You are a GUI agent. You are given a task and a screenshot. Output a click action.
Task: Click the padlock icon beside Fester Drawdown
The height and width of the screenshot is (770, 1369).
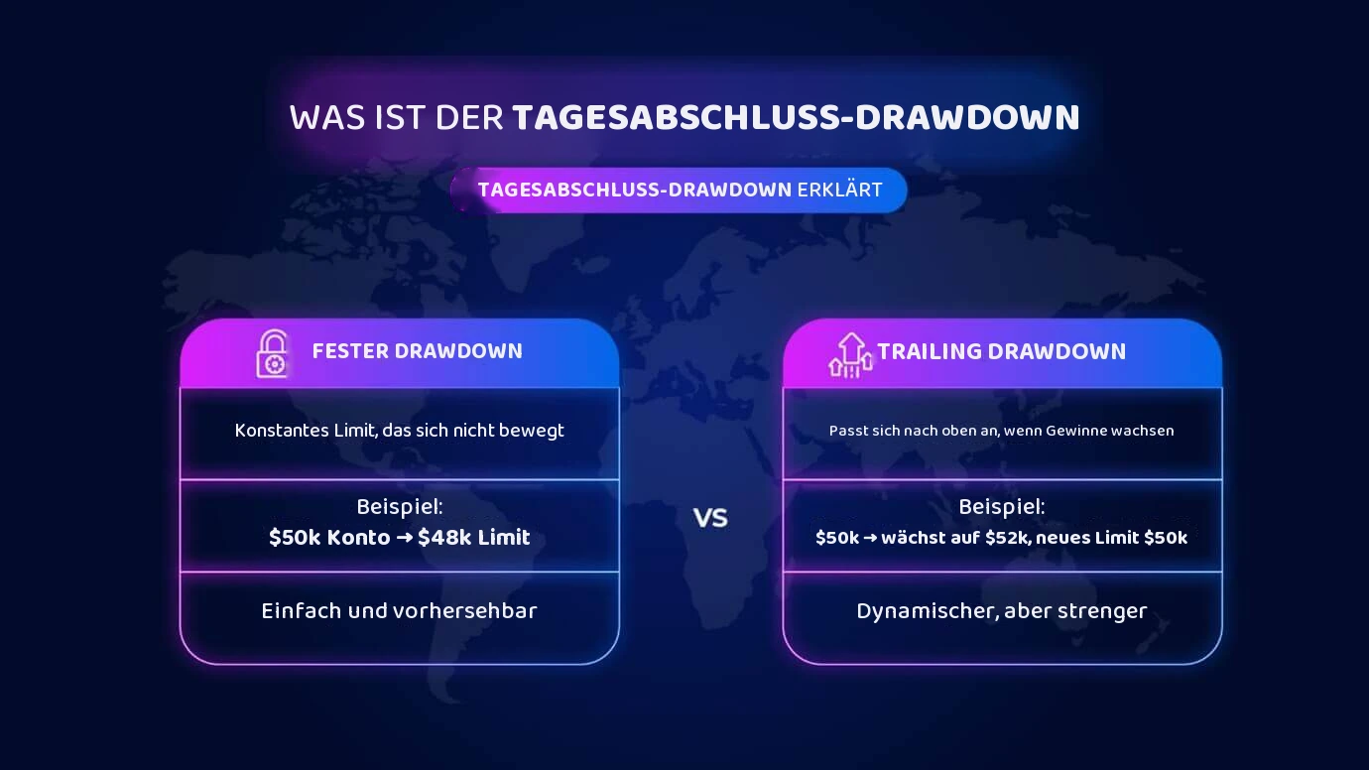click(x=272, y=354)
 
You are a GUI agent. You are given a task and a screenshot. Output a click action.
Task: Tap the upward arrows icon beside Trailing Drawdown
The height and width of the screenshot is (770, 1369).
click(x=850, y=355)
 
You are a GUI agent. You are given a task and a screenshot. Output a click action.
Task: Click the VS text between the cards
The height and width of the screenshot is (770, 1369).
click(x=710, y=518)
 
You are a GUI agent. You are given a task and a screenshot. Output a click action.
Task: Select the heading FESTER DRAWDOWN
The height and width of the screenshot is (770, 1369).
click(x=418, y=351)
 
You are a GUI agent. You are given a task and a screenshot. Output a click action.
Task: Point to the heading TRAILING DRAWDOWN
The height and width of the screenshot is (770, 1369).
click(x=1001, y=351)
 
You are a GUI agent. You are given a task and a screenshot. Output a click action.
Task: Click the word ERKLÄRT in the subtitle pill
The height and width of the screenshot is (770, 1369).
click(x=839, y=191)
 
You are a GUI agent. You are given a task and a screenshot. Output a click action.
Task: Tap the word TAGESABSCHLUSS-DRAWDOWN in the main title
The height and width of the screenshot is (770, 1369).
click(x=797, y=117)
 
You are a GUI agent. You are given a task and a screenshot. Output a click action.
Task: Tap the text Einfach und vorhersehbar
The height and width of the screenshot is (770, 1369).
click(x=399, y=611)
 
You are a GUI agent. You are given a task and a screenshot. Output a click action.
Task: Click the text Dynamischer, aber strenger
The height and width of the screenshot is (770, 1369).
click(x=1002, y=611)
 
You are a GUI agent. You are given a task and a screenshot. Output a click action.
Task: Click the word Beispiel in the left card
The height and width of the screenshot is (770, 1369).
click(x=399, y=507)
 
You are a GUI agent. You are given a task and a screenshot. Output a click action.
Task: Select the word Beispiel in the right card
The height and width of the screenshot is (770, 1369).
click(x=1001, y=507)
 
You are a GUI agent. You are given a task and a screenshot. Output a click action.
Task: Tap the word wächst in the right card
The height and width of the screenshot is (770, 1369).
click(x=912, y=538)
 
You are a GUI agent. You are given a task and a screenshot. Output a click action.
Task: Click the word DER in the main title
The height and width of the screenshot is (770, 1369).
click(x=469, y=117)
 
